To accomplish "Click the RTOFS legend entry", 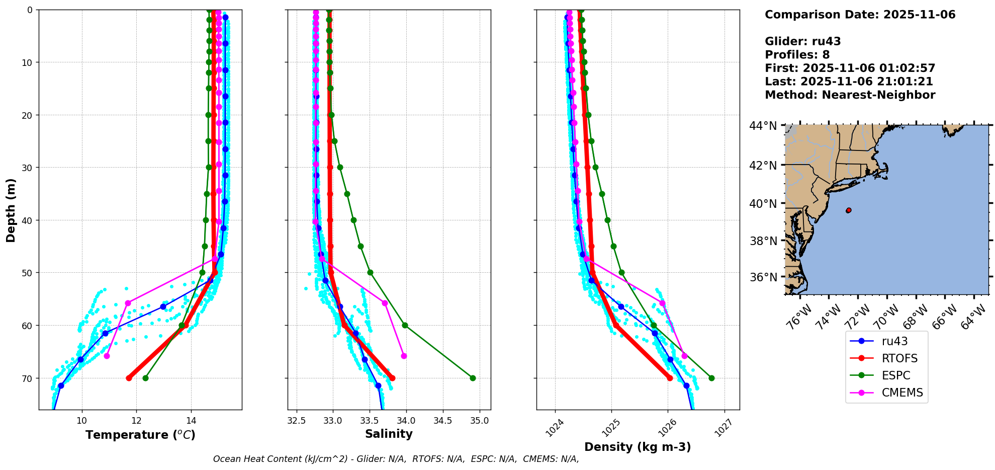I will point(899,358).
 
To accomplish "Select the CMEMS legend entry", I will point(902,393).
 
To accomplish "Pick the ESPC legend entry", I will point(895,375).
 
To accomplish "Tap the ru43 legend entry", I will point(894,341).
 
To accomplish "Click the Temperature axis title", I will point(140,435).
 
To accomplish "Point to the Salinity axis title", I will point(389,434).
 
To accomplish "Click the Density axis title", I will point(638,447).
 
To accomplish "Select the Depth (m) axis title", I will point(11,210).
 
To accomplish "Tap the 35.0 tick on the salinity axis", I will point(479,421).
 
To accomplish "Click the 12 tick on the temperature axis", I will point(137,421).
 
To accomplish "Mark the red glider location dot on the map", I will point(849,210).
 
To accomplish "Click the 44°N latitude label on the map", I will point(763,126).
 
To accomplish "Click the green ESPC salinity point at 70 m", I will point(473,378).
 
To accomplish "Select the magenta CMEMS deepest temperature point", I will point(107,356).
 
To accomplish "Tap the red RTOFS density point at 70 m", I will point(670,378).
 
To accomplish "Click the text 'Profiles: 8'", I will point(797,55).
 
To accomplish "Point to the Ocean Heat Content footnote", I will point(396,459).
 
